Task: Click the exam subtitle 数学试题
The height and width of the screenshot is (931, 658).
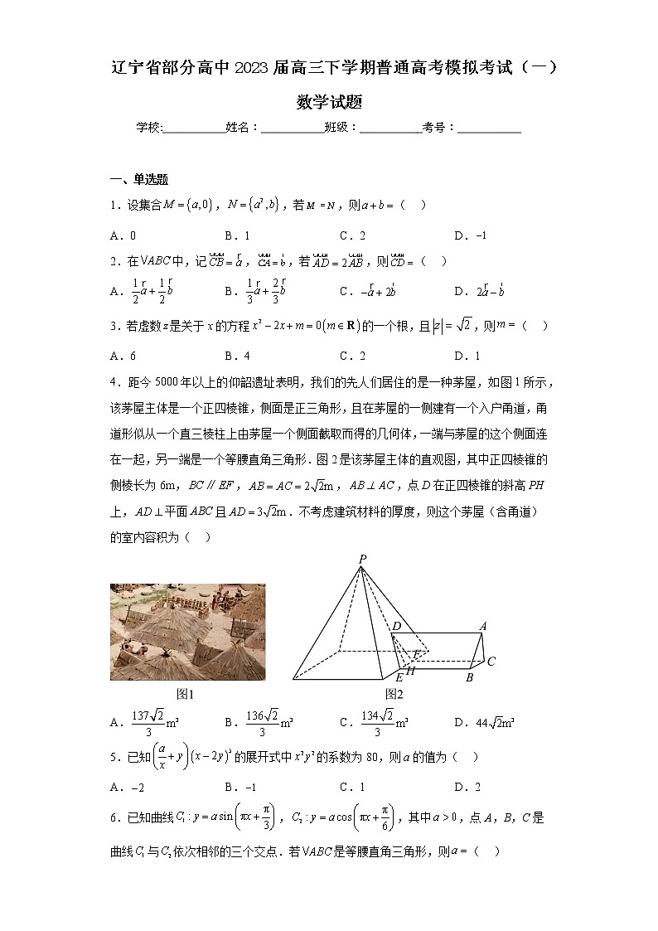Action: click(329, 103)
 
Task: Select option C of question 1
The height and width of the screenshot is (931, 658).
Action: click(352, 235)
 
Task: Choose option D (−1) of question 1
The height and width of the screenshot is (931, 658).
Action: click(470, 235)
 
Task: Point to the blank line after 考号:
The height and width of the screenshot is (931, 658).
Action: click(489, 128)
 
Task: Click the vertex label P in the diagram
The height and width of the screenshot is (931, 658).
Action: click(362, 560)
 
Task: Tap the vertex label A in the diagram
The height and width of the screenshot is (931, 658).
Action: click(482, 626)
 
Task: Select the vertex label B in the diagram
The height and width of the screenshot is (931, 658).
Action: click(469, 677)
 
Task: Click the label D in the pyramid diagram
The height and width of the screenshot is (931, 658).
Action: click(397, 627)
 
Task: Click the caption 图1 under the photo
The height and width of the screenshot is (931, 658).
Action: click(187, 694)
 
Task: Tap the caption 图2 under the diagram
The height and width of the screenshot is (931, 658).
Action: click(394, 694)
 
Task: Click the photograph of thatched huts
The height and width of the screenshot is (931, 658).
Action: click(188, 632)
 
